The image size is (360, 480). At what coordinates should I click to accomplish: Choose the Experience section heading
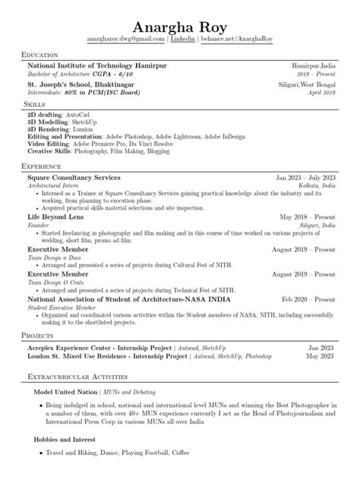[x=43, y=166]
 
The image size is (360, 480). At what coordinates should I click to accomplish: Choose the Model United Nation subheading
[x=67, y=392]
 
